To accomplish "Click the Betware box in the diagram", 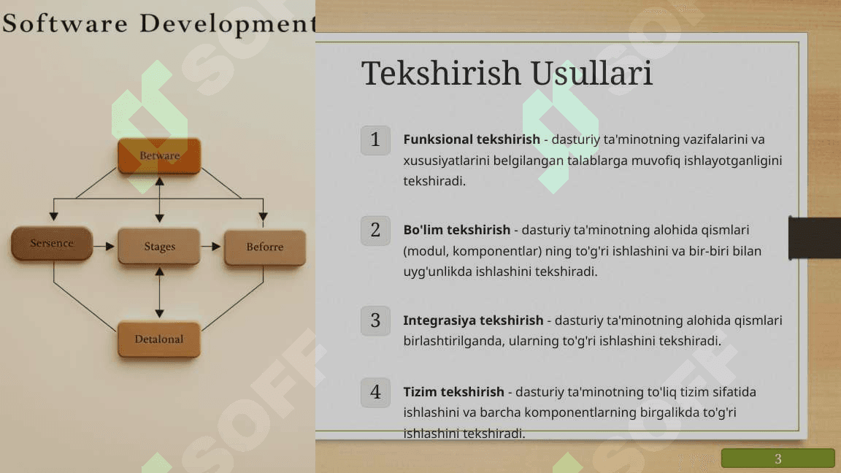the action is click(x=159, y=155).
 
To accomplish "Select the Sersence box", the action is click(x=52, y=244).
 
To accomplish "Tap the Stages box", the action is click(x=159, y=247).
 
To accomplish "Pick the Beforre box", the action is click(x=265, y=247).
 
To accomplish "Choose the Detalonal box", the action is click(x=158, y=339).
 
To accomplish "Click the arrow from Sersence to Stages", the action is click(x=104, y=246).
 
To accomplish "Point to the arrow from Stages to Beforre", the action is click(x=211, y=246).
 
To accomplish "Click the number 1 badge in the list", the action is click(x=375, y=140).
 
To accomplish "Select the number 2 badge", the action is click(x=375, y=231).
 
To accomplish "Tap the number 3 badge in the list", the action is click(x=375, y=320).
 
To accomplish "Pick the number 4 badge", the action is click(x=375, y=393).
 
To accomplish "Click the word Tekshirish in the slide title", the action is click(x=442, y=73).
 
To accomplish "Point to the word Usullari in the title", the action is click(x=592, y=73).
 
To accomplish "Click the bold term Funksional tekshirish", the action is click(x=472, y=139).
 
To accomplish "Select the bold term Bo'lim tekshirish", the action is click(x=456, y=230).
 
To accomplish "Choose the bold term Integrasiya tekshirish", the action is click(x=473, y=320).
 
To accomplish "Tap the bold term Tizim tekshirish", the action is click(x=454, y=392).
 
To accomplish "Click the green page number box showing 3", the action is click(x=777, y=458).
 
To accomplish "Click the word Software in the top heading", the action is click(x=65, y=23).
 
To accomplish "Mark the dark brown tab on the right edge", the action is click(x=814, y=237).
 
